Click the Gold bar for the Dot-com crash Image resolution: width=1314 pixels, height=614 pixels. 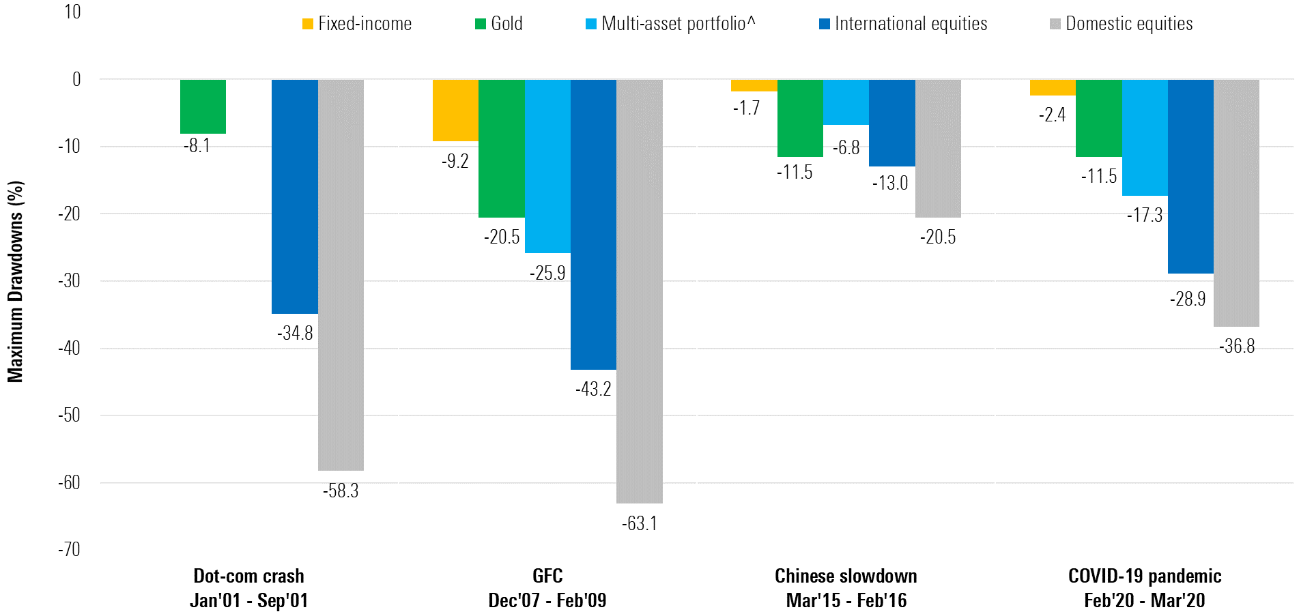(203, 106)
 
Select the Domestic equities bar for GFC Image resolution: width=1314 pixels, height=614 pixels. (639, 291)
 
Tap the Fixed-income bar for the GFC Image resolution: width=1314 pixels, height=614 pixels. (455, 111)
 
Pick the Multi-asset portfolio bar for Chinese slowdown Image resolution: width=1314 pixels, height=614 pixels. (846, 102)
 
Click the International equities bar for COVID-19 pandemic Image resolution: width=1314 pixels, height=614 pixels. (1190, 177)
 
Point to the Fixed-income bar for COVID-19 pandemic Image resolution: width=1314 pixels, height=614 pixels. (1053, 87)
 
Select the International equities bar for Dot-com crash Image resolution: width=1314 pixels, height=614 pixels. (295, 196)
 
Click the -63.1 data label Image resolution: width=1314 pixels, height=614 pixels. (639, 524)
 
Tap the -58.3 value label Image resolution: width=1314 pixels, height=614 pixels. (341, 491)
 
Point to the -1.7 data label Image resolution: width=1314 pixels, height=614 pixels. (746, 108)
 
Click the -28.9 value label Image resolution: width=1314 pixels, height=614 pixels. (1188, 299)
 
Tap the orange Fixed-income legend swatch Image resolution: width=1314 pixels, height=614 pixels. (308, 25)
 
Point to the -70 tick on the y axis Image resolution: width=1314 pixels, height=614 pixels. (69, 550)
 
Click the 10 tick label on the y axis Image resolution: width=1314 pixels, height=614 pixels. (72, 12)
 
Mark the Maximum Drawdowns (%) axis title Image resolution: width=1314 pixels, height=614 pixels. (16, 281)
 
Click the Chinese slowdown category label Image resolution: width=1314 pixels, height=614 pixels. (846, 576)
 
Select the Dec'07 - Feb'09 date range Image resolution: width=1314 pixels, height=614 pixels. (547, 600)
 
